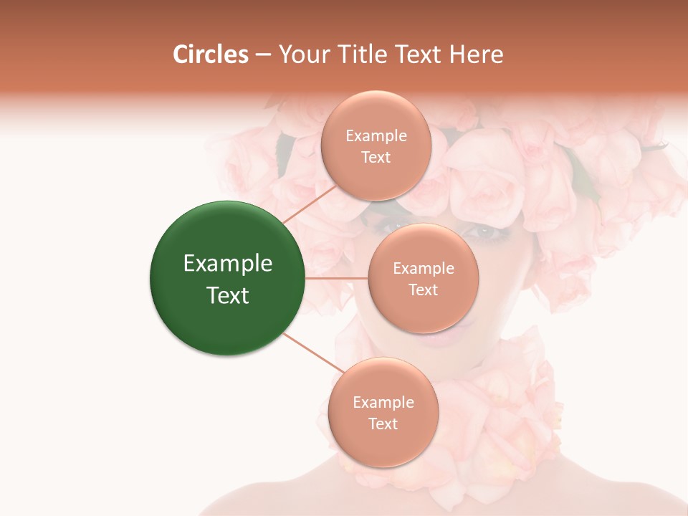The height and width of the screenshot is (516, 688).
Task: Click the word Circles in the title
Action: coord(211,54)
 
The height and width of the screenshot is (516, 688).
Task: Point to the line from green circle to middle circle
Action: coord(337,278)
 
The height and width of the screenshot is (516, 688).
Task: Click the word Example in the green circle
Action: coord(227,264)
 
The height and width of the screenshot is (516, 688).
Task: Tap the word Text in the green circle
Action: coord(227,295)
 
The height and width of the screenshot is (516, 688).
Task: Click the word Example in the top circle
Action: coord(376,136)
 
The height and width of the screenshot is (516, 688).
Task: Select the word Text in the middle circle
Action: coord(423,290)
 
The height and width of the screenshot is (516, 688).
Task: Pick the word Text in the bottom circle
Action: coord(383,424)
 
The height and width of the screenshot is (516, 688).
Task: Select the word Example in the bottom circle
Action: coord(383,402)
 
